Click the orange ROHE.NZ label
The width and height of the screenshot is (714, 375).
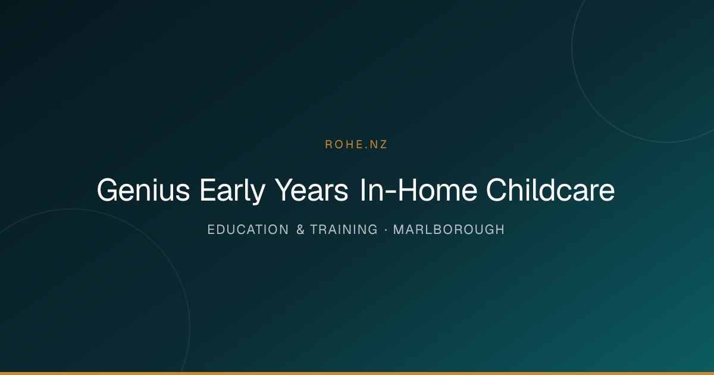pos(356,145)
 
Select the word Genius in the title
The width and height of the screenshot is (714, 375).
pos(143,190)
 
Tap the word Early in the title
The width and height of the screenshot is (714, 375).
pos(233,190)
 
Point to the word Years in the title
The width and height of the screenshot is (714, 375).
pos(311,190)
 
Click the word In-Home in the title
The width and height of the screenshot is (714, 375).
pos(418,190)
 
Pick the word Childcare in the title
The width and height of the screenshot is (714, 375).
pos(550,190)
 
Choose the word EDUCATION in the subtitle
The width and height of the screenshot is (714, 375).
pos(248,230)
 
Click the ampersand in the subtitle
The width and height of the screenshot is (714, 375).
pos(300,230)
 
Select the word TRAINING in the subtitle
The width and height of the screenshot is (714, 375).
pos(344,230)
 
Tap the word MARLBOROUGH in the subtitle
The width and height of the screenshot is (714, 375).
pos(449,230)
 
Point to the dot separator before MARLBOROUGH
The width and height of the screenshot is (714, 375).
pos(386,230)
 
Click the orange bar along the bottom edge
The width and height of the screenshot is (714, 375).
pos(357,373)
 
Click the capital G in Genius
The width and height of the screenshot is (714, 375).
pos(107,190)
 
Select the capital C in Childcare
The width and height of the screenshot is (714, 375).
pos(497,190)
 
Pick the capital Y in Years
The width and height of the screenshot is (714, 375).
pos(284,190)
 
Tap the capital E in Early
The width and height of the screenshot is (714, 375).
pos(208,190)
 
